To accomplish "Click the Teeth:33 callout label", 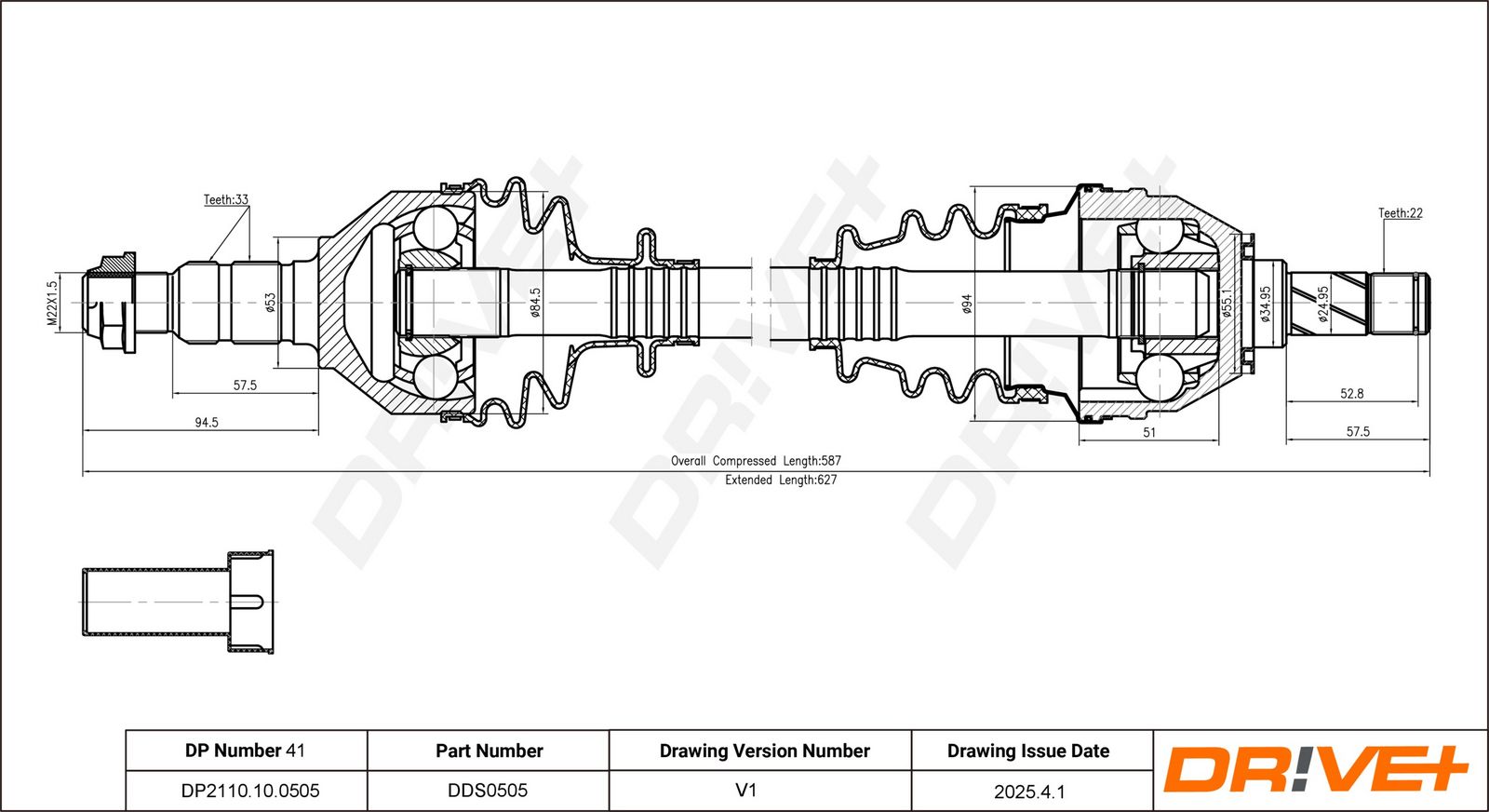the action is (x=226, y=199).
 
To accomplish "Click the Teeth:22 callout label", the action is (x=1401, y=213).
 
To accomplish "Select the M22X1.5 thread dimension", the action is (x=52, y=303).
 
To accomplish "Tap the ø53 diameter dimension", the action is (x=271, y=302).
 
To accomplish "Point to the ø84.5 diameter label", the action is (x=536, y=303).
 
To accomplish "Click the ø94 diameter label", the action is (x=967, y=304).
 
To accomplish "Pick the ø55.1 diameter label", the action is (x=1227, y=304).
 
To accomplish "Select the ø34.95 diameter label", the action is (x=1266, y=304).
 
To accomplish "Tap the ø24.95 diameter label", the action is (x=1322, y=304).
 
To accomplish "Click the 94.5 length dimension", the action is (x=207, y=422).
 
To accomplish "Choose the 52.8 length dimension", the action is (x=1351, y=394).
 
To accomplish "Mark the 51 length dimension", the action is (x=1149, y=432).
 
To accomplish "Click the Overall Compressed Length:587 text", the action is (x=756, y=460).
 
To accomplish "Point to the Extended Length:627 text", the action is (x=781, y=480).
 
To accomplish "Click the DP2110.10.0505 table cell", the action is (x=250, y=791).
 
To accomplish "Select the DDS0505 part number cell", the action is (x=488, y=790).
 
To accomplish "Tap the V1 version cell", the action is (x=745, y=790).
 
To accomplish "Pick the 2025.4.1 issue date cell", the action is (x=1029, y=792).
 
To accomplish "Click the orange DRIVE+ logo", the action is (x=1316, y=770).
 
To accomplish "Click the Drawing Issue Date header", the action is (x=1028, y=751).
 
